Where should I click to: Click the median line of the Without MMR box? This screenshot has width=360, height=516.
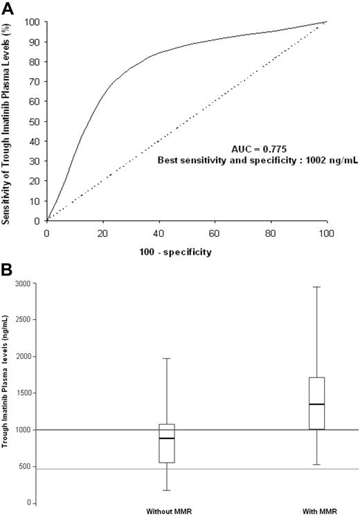pyautogui.click(x=166, y=438)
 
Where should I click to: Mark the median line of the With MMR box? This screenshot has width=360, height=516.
pyautogui.click(x=318, y=404)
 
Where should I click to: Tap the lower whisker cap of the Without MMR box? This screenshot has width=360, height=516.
pyautogui.click(x=166, y=490)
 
